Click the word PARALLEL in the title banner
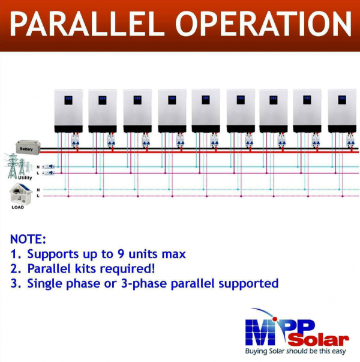pos(87,24)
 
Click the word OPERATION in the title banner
pos(263,24)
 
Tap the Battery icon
pos(28,147)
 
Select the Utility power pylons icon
pos(17,165)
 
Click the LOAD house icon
pos(20,194)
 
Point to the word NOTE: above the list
pos(28,239)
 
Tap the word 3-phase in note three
pos(144,284)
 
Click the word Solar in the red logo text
pos(319,340)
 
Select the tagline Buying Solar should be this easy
pos(295,351)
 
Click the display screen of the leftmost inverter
pos(68,100)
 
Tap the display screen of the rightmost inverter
pos(342,100)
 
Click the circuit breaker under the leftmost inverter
pos(75,140)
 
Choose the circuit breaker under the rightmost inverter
pos(350,140)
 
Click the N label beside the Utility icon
pos(38,167)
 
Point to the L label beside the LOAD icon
pos(38,196)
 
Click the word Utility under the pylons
pos(25,178)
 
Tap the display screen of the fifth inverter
pos(206,100)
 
